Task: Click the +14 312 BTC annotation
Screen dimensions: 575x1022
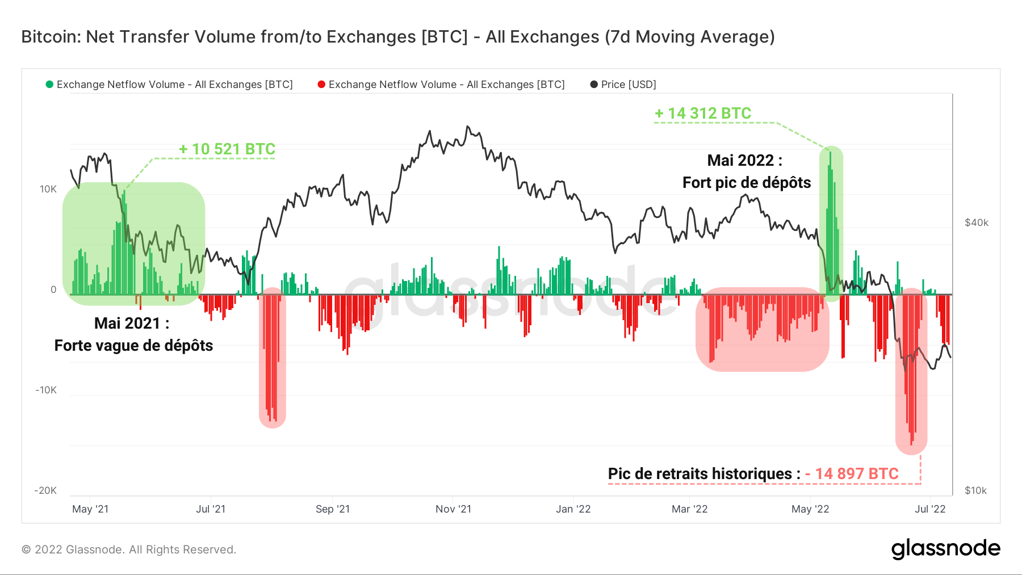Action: coord(703,114)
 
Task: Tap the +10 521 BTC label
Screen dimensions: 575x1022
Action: coord(227,149)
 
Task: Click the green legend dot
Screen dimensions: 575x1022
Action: coord(49,85)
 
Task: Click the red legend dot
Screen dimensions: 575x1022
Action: coord(321,85)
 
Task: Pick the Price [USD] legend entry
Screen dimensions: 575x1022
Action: coord(623,85)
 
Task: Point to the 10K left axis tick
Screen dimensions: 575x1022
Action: coord(48,189)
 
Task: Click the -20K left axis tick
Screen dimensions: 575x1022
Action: coord(46,490)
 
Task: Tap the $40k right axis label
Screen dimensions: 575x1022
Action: coord(976,223)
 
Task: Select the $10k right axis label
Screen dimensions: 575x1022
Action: coord(975,490)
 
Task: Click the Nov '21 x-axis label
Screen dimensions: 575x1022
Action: coord(453,509)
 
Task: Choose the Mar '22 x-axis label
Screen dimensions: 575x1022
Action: coord(689,509)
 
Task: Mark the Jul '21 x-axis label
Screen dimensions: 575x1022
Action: coord(211,509)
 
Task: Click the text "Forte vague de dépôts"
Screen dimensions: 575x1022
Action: coord(133,346)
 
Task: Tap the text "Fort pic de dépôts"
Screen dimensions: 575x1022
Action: coord(746,183)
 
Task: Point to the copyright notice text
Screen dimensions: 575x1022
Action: coord(129,549)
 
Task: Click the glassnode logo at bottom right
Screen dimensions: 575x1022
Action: coord(945,548)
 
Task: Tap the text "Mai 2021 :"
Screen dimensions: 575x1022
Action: coord(132,324)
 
